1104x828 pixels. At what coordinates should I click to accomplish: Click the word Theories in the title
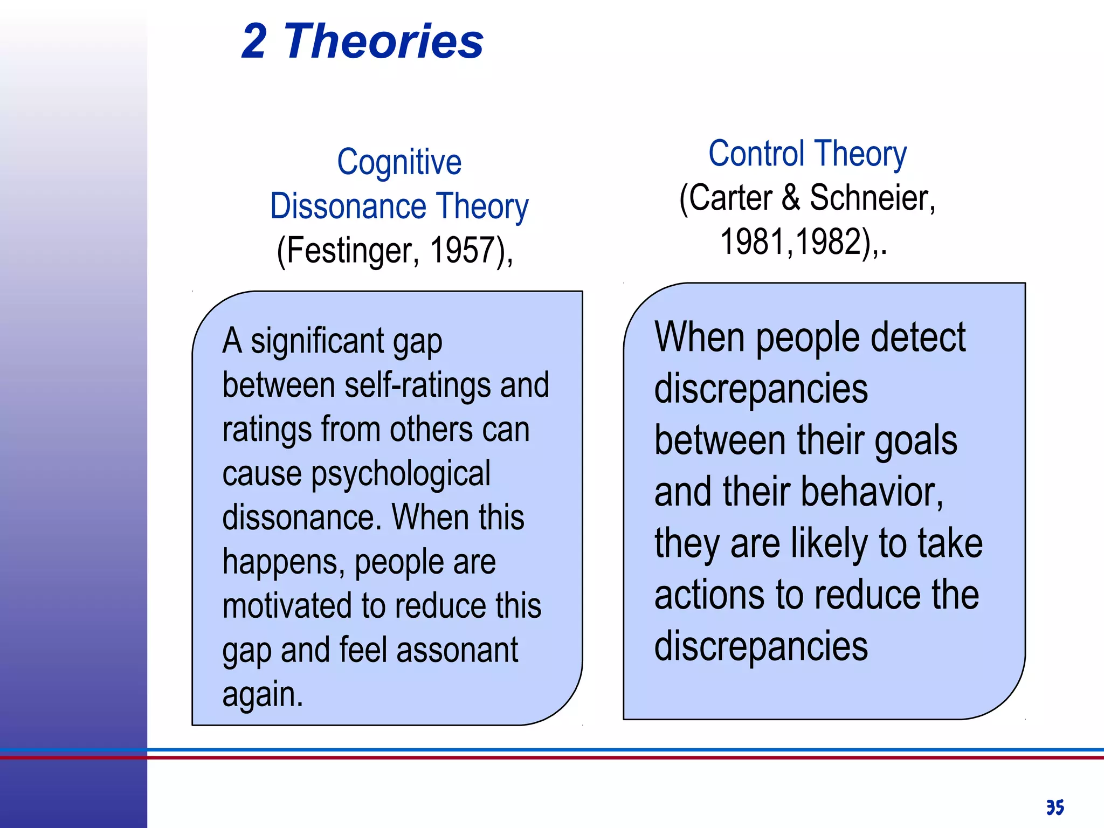pos(383,42)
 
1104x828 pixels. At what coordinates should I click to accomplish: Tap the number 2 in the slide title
pos(254,42)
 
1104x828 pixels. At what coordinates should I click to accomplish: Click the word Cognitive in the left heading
pos(399,162)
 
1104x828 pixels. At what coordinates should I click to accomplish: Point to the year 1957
pos(463,251)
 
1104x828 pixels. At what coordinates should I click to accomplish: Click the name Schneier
pos(872,198)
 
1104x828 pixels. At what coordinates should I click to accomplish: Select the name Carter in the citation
pos(731,198)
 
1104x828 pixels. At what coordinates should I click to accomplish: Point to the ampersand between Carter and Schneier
pos(791,198)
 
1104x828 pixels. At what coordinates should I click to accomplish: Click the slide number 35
pos(1055,807)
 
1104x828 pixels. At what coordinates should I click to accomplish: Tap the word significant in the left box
pos(318,341)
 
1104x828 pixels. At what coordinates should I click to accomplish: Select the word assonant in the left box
pos(457,650)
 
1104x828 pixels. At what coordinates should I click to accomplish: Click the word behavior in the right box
pos(872,492)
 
